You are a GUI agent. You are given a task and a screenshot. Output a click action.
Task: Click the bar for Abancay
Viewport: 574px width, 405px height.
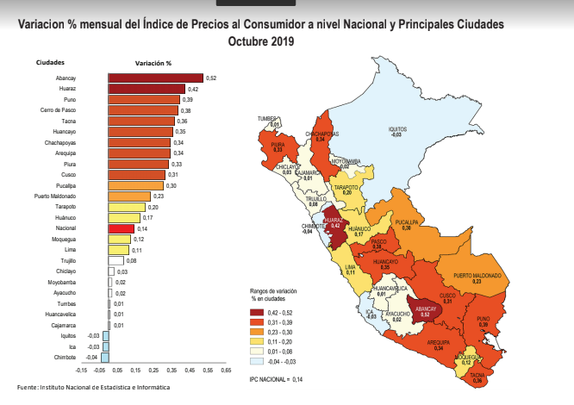pyautogui.click(x=155, y=78)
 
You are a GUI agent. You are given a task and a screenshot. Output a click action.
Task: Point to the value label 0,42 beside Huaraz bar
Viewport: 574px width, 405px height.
pyautogui.click(x=194, y=89)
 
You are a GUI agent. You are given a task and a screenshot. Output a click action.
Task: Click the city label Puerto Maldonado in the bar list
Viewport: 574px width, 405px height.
pyautogui.click(x=55, y=196)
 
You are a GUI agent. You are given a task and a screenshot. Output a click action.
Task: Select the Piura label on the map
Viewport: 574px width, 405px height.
pyautogui.click(x=278, y=146)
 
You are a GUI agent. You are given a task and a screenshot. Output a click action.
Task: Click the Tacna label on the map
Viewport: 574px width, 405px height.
pyautogui.click(x=477, y=377)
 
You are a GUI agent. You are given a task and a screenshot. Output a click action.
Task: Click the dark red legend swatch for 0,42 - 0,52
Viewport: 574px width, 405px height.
pyautogui.click(x=256, y=312)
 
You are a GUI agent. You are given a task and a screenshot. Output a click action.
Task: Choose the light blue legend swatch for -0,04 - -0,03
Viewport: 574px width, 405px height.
pyautogui.click(x=256, y=362)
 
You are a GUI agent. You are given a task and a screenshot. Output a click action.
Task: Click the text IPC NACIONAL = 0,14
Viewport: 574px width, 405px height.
pyautogui.click(x=278, y=378)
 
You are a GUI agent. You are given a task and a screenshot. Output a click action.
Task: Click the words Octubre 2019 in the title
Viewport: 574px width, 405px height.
pyautogui.click(x=259, y=40)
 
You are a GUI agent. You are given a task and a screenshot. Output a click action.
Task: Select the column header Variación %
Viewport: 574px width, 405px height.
pyautogui.click(x=153, y=64)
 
